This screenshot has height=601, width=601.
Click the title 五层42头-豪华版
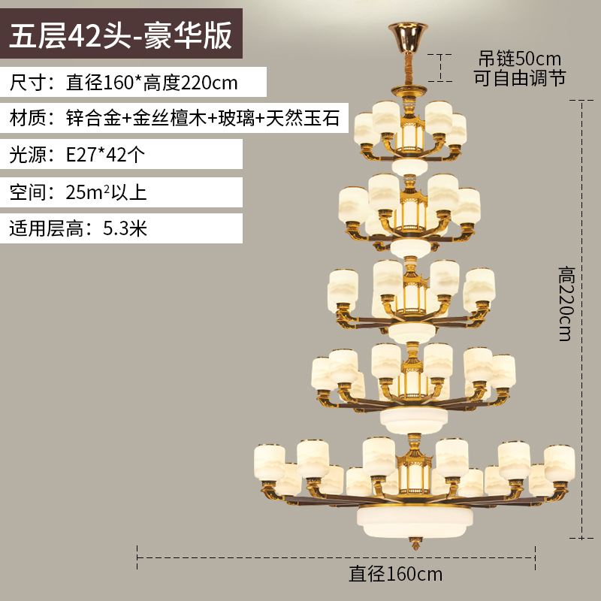coord(120,35)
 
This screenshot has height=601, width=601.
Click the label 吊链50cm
coord(521,58)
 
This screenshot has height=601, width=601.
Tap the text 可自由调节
coord(519,77)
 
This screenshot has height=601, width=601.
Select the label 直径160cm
coord(396,575)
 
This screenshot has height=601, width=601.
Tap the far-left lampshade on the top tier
coord(365,125)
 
